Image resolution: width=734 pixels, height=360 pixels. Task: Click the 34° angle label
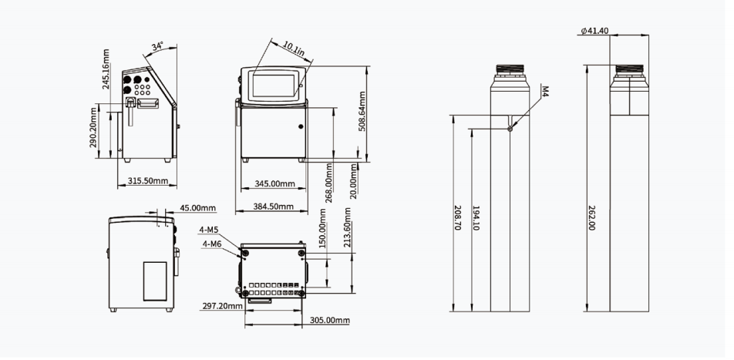[158, 47]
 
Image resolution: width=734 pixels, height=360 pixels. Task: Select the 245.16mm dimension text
[106, 69]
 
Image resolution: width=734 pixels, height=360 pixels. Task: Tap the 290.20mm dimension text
[93, 127]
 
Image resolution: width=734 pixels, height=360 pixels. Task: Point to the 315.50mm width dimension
[147, 180]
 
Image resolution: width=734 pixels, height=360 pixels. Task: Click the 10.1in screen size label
[294, 49]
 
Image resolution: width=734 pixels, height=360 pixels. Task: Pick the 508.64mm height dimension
[362, 111]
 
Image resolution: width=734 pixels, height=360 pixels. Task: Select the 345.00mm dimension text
[274, 184]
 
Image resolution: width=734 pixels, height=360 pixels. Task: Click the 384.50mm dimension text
[274, 207]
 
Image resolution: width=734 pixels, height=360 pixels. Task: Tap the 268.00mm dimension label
[328, 183]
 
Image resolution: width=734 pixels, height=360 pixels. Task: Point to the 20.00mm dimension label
[353, 180]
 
